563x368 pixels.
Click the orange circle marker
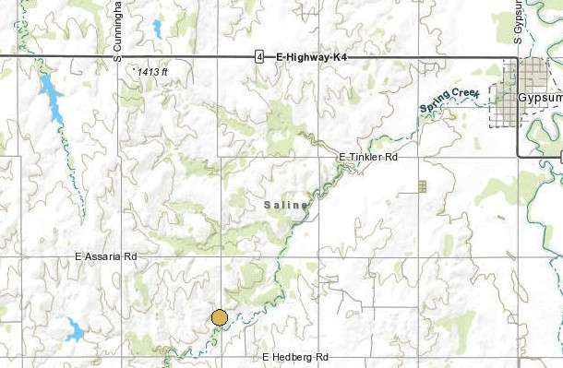tap(219, 318)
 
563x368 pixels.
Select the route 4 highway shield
tap(260, 57)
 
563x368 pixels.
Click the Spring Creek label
tap(450, 101)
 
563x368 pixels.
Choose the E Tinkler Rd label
tap(367, 158)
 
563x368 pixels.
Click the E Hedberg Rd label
tap(295, 357)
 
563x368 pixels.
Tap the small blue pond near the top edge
tap(157, 28)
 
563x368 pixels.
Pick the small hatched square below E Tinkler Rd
tap(422, 186)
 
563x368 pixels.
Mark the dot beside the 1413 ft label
tap(136, 67)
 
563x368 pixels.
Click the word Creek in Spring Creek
tap(463, 97)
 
